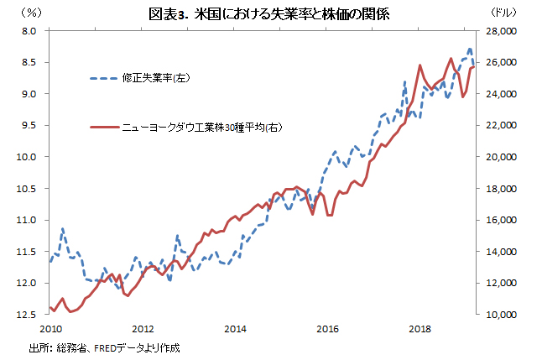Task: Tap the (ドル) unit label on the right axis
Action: click(x=503, y=13)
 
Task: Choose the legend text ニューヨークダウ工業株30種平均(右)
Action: click(x=201, y=127)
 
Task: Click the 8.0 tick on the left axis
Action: click(x=31, y=30)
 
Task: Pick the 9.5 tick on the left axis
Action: click(x=31, y=125)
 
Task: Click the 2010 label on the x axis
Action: click(x=50, y=328)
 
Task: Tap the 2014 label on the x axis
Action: click(x=235, y=328)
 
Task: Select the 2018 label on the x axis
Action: click(x=419, y=328)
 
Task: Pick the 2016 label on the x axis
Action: click(x=327, y=328)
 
